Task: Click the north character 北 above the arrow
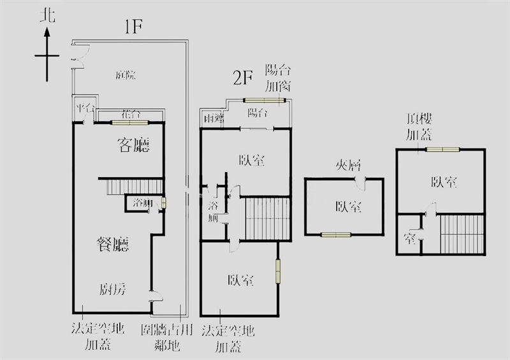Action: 47,15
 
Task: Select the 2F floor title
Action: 243,79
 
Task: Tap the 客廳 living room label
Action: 134,145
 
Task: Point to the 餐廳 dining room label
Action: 113,244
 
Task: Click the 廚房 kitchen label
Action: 112,289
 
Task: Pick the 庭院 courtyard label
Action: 126,75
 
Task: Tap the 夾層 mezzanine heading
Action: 348,166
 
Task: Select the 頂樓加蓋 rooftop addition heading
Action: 419,126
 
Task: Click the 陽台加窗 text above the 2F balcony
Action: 278,76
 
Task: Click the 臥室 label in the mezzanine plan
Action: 349,206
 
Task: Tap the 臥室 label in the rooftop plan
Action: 444,182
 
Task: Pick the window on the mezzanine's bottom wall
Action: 336,234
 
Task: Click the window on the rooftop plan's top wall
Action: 442,150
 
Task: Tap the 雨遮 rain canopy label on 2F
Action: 212,119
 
